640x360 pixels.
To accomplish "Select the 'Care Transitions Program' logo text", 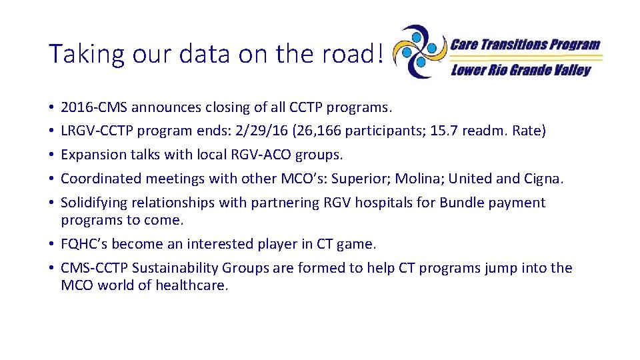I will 525,45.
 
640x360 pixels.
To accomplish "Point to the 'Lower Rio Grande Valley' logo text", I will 521,70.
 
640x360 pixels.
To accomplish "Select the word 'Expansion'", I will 93,155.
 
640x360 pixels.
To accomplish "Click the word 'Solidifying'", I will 94,203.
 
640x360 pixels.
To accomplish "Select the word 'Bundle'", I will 461,203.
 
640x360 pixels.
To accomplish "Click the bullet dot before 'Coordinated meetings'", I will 52,179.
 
